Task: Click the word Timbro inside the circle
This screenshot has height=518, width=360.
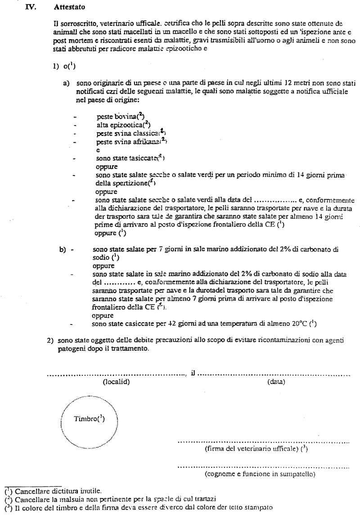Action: [x=89, y=419]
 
